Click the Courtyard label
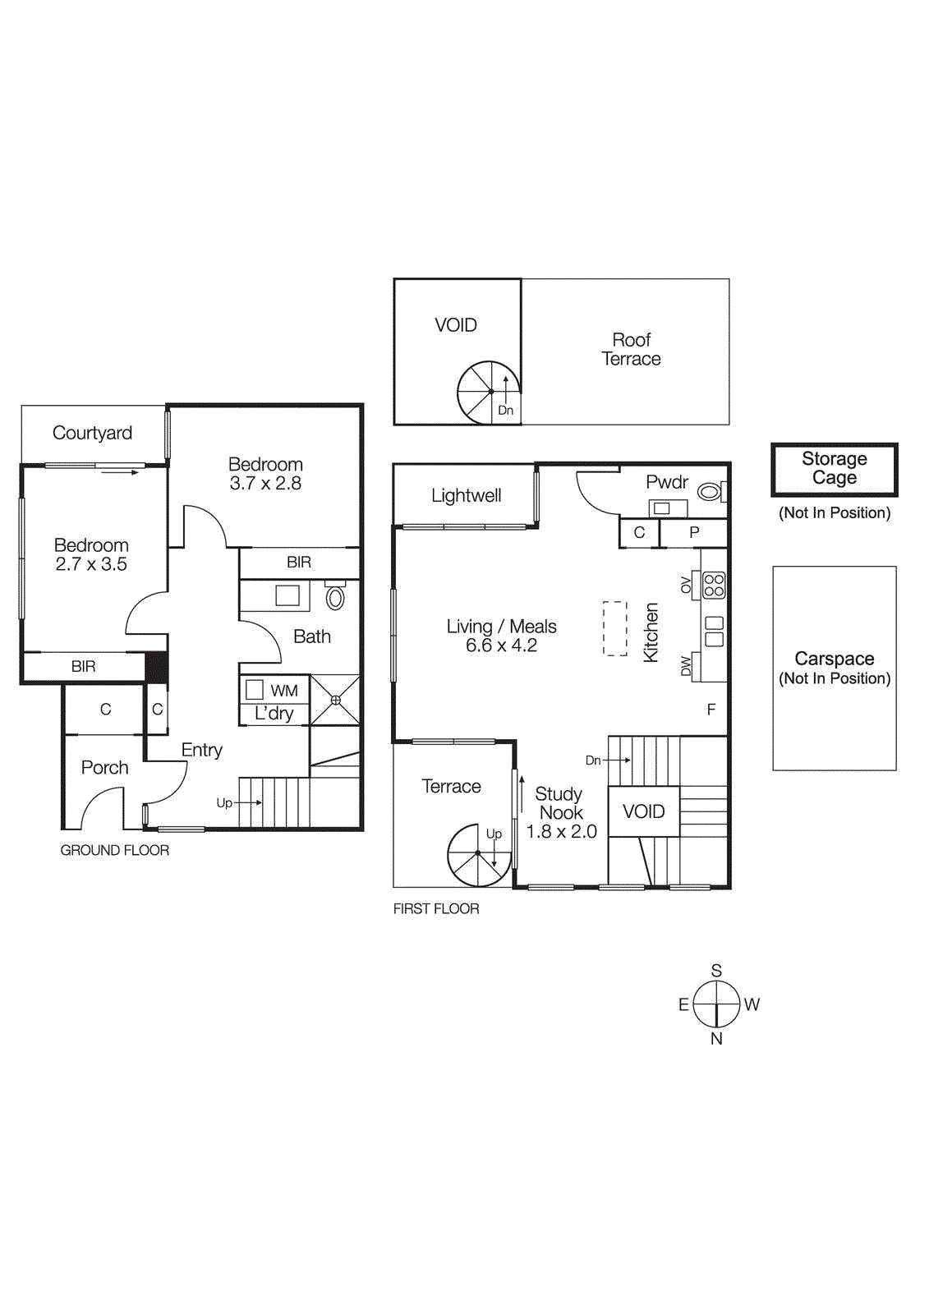(92, 433)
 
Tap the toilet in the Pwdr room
(709, 492)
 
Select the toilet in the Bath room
(335, 597)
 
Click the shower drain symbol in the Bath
(335, 701)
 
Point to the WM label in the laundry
(284, 691)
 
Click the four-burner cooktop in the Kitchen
(714, 585)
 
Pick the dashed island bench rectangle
(614, 628)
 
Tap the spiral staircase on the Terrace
(478, 855)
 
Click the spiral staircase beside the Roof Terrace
(489, 392)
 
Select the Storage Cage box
(835, 469)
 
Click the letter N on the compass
(716, 1039)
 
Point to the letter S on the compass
(716, 971)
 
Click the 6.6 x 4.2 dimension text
(501, 646)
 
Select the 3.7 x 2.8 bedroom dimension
(265, 484)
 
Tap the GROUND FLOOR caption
(115, 850)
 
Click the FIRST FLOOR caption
(436, 908)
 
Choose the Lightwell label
(466, 495)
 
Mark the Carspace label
(835, 659)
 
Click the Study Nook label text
(560, 803)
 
